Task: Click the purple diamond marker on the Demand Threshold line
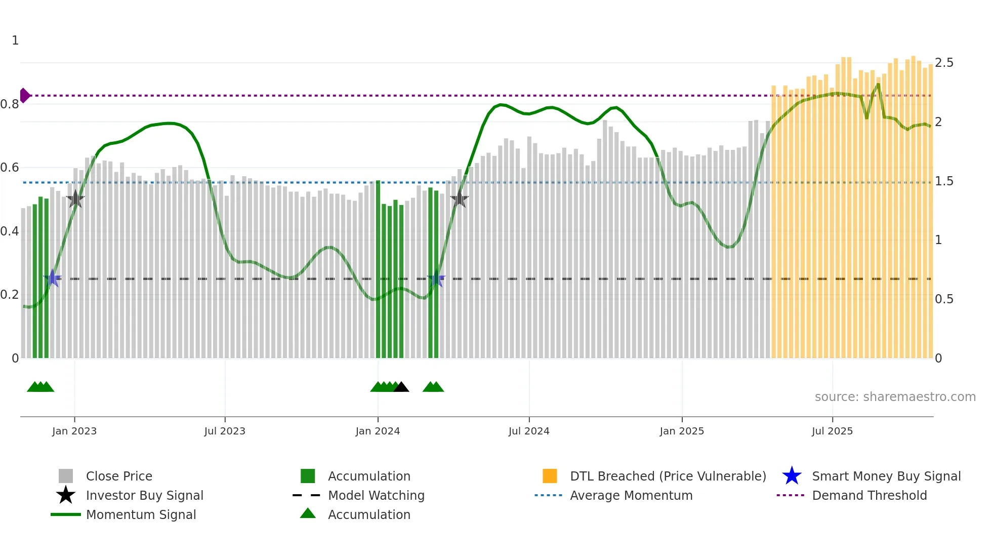coord(24,95)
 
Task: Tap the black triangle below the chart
coord(401,387)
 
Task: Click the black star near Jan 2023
coord(75,199)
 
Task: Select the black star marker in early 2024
coord(459,199)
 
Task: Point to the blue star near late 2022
coord(52,278)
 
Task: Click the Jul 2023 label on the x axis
coord(225,431)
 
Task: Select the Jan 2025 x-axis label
coord(682,431)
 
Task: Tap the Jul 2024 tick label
coord(529,431)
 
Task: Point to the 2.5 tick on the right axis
coord(944,63)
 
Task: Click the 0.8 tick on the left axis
coord(10,104)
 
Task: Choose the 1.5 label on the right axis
coord(944,181)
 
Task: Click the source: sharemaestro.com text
coord(895,397)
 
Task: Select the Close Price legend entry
coord(119,476)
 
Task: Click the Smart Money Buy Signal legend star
coord(792,476)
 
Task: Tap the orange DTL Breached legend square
coord(550,476)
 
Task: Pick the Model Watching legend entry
coord(376,496)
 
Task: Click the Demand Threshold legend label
coord(869,496)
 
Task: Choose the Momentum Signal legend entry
coord(141,515)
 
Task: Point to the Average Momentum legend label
coord(631,496)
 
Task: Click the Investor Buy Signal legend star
coord(66,495)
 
